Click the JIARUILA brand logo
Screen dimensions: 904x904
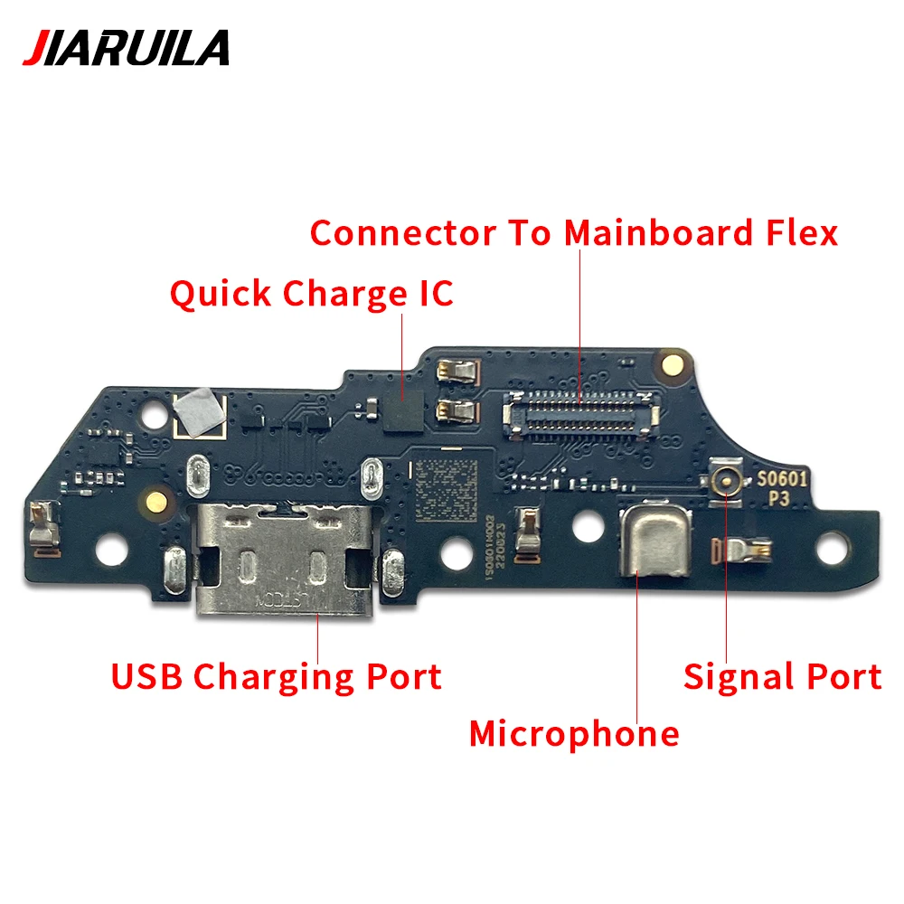pyautogui.click(x=126, y=47)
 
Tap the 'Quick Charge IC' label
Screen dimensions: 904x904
pyautogui.click(x=311, y=294)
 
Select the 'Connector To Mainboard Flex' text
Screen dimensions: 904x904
pyautogui.click(x=574, y=233)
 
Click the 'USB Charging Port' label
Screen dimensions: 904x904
pyautogui.click(x=276, y=676)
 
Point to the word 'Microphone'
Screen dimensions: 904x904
pyautogui.click(x=574, y=733)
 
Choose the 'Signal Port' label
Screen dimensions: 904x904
pyautogui.click(x=782, y=676)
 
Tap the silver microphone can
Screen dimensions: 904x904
pyautogui.click(x=654, y=541)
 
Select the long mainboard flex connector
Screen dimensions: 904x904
pyautogui.click(x=579, y=411)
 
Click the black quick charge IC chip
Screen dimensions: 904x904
pyautogui.click(x=403, y=410)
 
